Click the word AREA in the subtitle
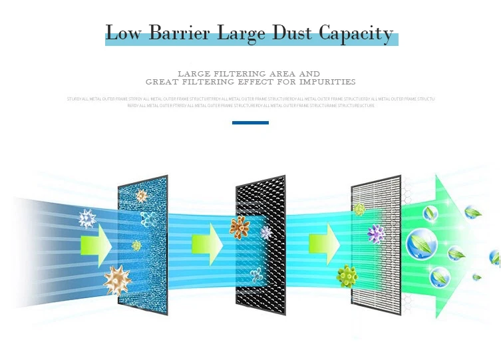(x=273, y=73)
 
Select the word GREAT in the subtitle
(x=160, y=82)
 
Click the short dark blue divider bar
(x=250, y=122)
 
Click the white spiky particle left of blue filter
(x=87, y=218)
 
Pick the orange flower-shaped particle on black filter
(x=240, y=227)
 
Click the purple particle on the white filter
(x=376, y=233)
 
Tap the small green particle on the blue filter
(x=136, y=245)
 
